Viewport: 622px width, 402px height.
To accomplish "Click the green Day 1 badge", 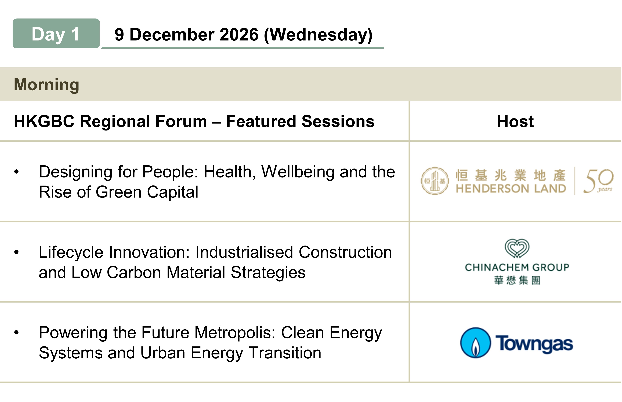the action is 56,33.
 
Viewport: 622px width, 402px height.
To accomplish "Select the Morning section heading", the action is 46,85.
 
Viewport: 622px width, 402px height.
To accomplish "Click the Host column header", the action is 515,121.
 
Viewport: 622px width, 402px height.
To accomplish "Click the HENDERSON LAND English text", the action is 511,188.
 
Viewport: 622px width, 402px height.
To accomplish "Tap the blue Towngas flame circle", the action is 475,343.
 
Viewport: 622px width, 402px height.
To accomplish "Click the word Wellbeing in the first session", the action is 298,172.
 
